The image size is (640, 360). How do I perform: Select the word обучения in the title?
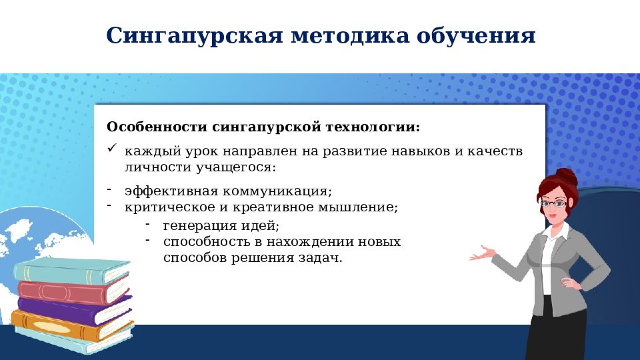click(476, 35)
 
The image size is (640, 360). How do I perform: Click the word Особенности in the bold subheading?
click(157, 127)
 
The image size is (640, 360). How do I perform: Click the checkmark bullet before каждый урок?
click(112, 149)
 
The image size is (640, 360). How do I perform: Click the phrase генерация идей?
click(221, 225)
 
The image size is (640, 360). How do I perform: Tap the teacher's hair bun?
click(567, 177)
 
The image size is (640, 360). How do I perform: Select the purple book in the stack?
click(73, 310)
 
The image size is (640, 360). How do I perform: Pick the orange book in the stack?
click(67, 327)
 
